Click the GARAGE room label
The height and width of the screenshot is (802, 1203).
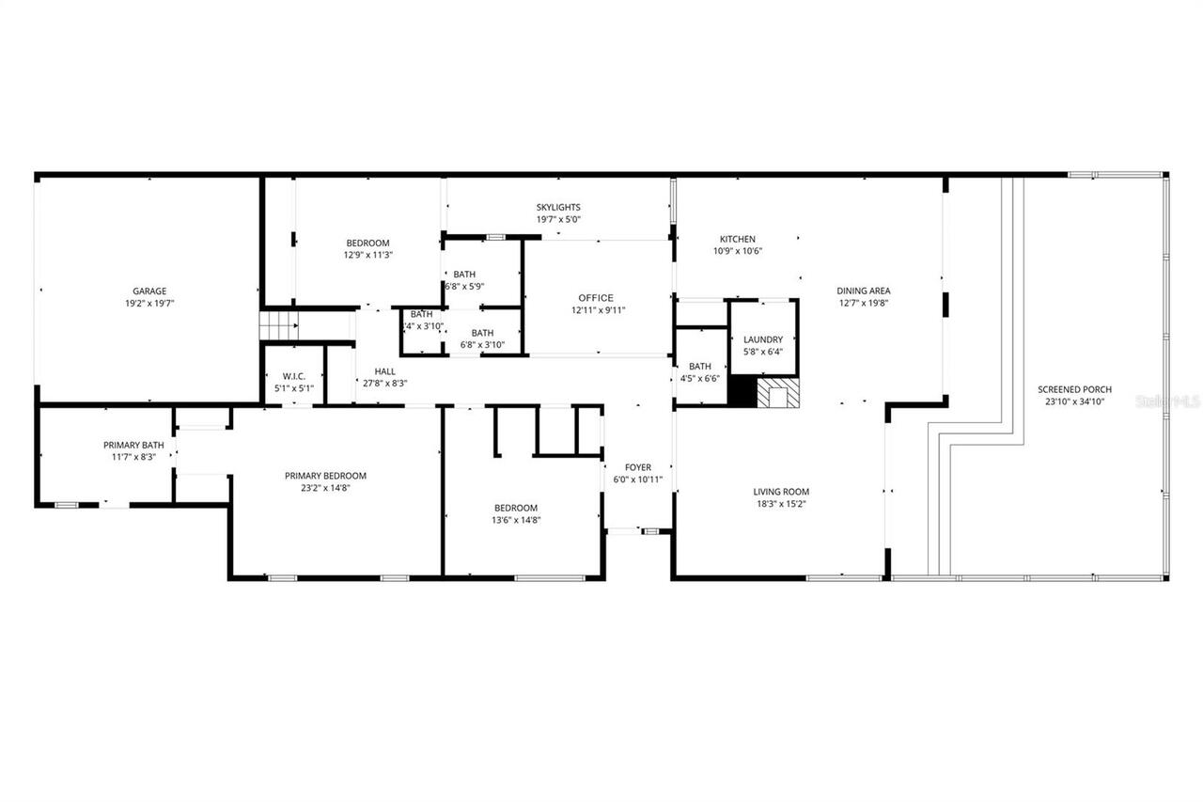149,291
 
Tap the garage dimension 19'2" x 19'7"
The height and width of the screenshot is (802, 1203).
149,303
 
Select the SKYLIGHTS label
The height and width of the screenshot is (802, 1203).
558,207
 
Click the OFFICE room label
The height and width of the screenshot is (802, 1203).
596,298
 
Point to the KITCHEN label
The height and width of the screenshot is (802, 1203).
738,239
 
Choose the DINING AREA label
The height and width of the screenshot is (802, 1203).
864,291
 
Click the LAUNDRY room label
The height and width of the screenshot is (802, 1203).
762,339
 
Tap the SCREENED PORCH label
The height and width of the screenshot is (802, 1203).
1074,389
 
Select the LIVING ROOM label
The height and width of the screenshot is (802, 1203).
780,492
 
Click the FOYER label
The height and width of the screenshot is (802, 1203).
638,467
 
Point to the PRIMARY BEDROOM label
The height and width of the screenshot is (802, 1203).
325,476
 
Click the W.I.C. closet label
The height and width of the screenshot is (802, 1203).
294,376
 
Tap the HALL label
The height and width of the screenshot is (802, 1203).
384,371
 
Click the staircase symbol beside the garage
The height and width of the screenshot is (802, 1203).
278,327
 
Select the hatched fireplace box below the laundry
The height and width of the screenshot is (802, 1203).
777,393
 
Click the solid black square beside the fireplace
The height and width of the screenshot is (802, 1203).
742,392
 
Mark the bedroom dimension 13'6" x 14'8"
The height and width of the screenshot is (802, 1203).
516,520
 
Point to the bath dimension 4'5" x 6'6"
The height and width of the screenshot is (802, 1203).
699,379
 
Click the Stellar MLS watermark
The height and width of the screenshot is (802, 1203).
1168,401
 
